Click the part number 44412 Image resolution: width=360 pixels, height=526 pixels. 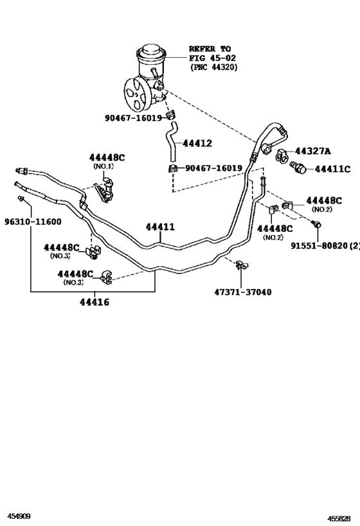click(197, 144)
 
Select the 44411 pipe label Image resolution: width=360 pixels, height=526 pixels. click(160, 227)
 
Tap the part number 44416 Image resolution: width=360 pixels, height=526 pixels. click(94, 302)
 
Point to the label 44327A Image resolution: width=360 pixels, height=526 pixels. click(313, 152)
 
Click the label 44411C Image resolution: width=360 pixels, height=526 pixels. click(332, 169)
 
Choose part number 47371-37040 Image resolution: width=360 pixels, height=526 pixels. click(243, 292)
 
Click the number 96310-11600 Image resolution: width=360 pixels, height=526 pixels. click(33, 222)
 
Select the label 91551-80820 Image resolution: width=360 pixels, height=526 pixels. click(319, 246)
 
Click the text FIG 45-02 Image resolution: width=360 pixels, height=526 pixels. click(212, 58)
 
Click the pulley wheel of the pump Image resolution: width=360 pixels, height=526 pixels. click(136, 95)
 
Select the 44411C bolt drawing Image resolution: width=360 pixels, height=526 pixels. click(298, 167)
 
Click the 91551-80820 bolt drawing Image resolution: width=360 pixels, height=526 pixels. click(316, 224)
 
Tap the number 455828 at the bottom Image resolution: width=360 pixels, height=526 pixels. click(340, 519)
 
